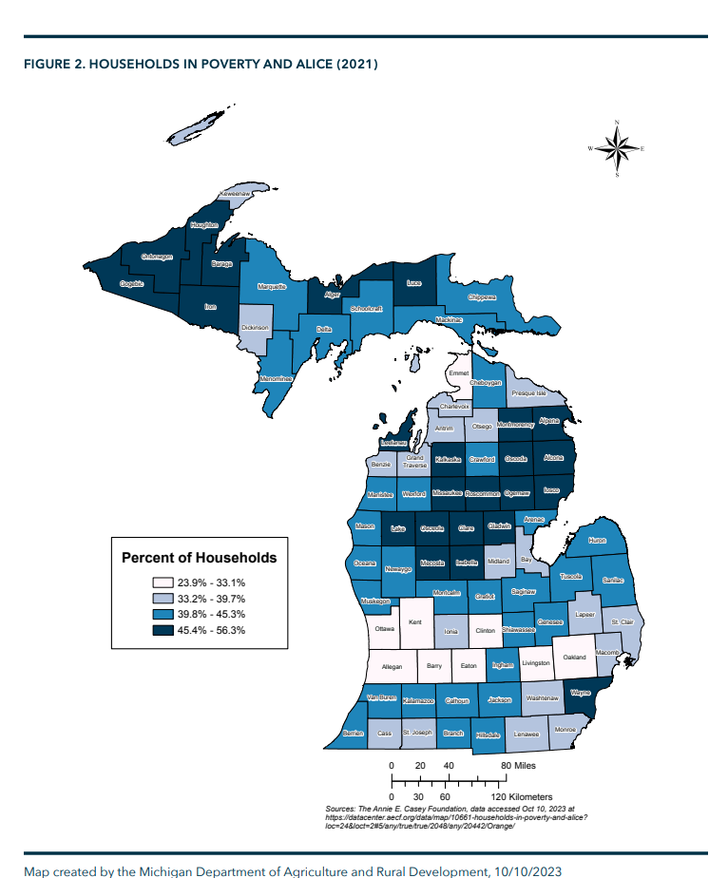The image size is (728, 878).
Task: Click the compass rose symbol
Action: (x=616, y=148)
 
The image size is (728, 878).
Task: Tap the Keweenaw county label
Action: (x=234, y=195)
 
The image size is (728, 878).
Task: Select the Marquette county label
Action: (x=273, y=286)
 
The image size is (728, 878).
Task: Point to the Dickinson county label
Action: (x=254, y=328)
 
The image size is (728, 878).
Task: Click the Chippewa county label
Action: (x=482, y=297)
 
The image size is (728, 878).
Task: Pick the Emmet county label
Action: (x=458, y=372)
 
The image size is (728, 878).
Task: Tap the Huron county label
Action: (x=596, y=540)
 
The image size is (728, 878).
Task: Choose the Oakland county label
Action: (x=574, y=657)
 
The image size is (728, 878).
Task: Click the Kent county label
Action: (x=414, y=622)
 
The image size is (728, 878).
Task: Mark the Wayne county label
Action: (x=580, y=694)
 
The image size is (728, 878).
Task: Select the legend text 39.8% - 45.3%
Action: (x=211, y=614)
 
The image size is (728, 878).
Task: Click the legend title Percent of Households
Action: (x=199, y=557)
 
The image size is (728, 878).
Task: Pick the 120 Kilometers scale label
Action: (x=522, y=795)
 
